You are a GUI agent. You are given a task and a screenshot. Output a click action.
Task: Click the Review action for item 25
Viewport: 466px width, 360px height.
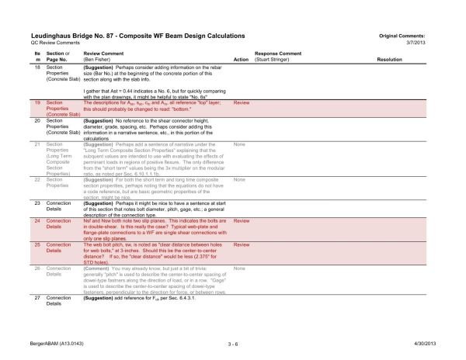click(241, 244)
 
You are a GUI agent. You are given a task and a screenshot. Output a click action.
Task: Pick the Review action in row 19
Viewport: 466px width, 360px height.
click(241, 102)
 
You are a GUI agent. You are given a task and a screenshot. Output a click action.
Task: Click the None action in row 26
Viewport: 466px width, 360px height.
click(239, 268)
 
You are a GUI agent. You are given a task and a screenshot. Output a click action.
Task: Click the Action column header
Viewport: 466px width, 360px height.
click(240, 59)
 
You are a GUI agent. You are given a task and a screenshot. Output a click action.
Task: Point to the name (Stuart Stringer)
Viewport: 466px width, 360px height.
click(276, 59)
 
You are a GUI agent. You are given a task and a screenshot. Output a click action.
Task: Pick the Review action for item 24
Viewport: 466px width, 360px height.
click(241, 220)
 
